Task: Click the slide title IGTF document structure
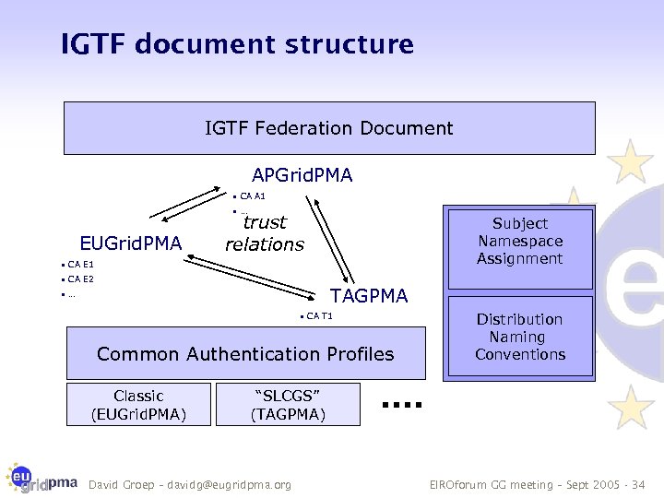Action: (x=237, y=43)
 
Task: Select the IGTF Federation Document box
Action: (x=329, y=128)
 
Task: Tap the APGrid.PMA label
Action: (x=302, y=174)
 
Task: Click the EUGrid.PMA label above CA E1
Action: (x=131, y=243)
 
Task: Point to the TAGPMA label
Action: (x=369, y=296)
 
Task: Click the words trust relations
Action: (x=265, y=233)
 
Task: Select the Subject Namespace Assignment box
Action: (x=520, y=241)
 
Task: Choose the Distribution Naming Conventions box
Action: (x=520, y=337)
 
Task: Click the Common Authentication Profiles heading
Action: (x=245, y=354)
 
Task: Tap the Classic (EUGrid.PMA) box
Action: (x=138, y=405)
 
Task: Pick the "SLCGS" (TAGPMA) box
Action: (x=288, y=405)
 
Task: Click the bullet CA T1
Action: (x=319, y=317)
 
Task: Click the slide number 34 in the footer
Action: (x=639, y=485)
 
